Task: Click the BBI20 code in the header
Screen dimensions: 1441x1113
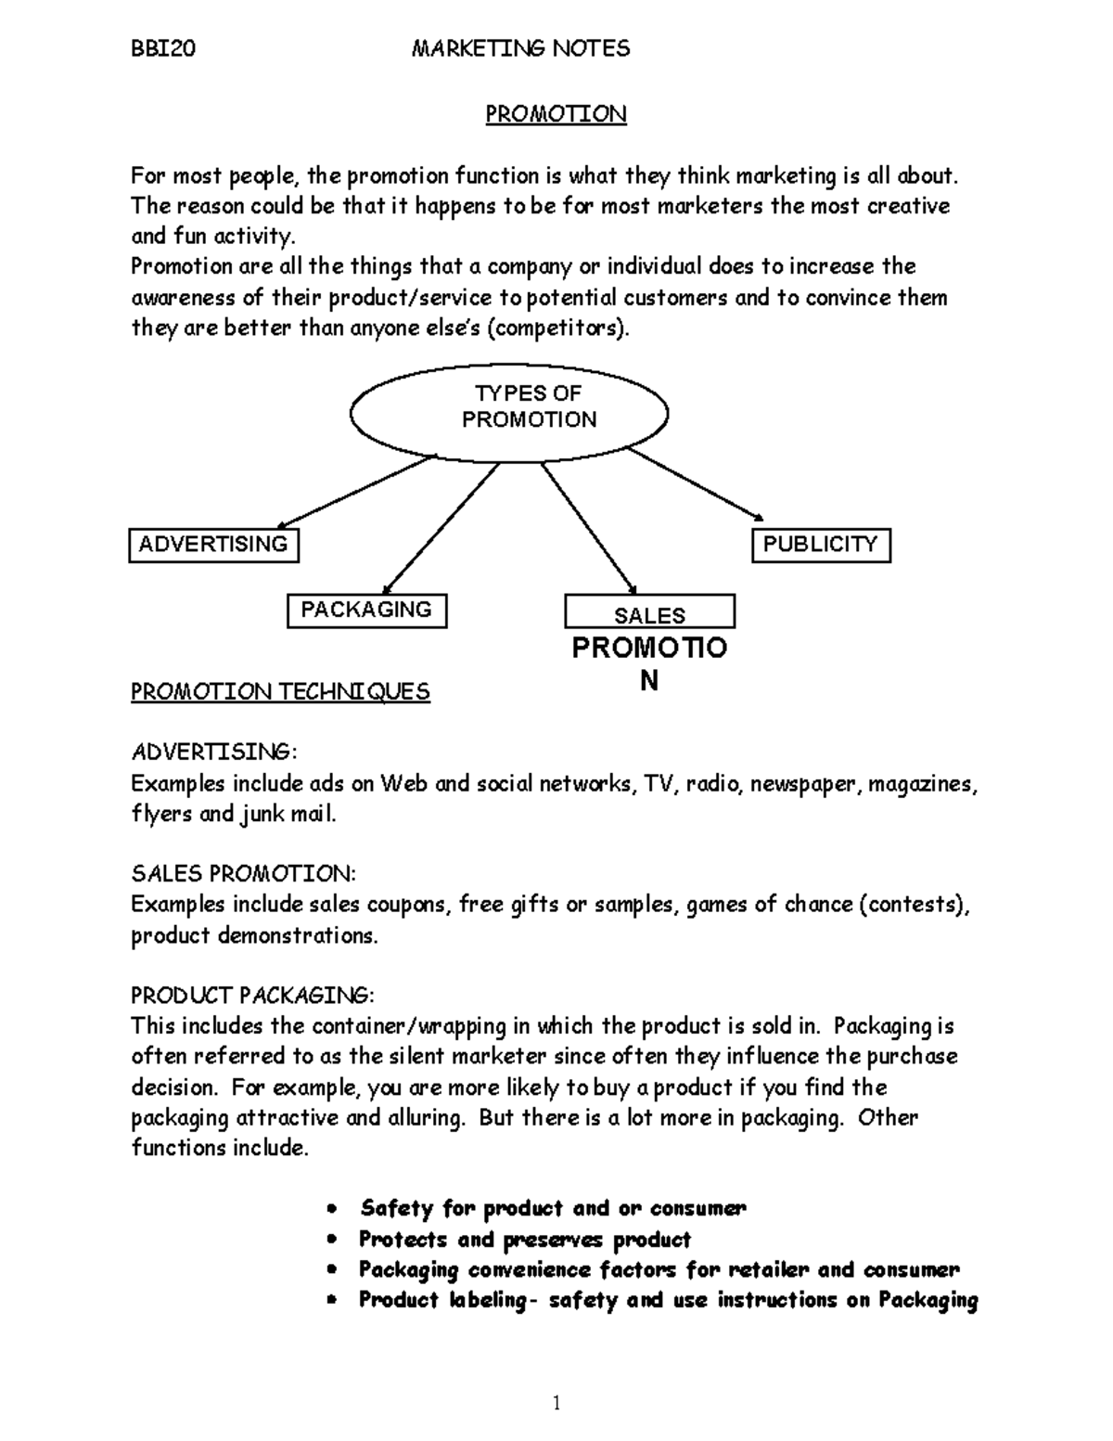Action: click(163, 49)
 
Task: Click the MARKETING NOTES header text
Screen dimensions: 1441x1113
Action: click(520, 49)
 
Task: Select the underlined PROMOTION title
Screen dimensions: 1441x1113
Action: click(556, 114)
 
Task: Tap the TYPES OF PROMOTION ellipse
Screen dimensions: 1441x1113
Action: click(509, 408)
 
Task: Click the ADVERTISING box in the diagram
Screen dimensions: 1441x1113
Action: click(213, 545)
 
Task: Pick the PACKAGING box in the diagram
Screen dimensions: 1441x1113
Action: click(366, 611)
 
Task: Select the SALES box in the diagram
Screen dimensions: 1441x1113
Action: click(649, 613)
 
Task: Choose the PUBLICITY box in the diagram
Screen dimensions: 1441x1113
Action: click(820, 545)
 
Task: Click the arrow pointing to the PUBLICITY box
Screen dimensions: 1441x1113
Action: click(696, 485)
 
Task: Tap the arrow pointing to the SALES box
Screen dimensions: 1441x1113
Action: click(589, 527)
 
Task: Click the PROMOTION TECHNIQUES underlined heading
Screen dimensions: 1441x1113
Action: click(280, 692)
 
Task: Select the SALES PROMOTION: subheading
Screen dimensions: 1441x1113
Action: click(243, 874)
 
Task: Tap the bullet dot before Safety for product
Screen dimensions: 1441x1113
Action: click(331, 1210)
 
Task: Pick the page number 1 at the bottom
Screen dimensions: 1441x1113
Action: click(556, 1403)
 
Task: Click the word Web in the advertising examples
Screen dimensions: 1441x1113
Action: click(404, 784)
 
